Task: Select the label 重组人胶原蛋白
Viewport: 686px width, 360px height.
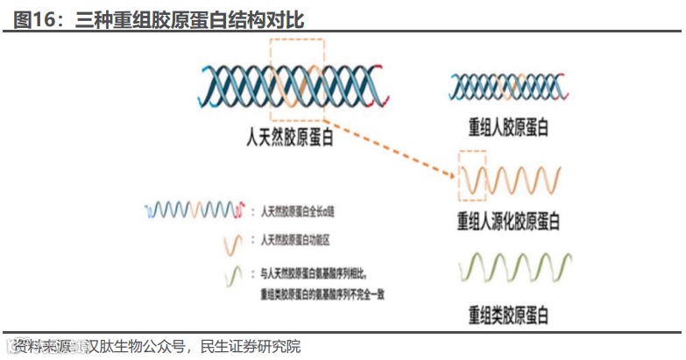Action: tap(507, 127)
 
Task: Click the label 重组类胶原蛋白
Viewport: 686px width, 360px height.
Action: tap(507, 313)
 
